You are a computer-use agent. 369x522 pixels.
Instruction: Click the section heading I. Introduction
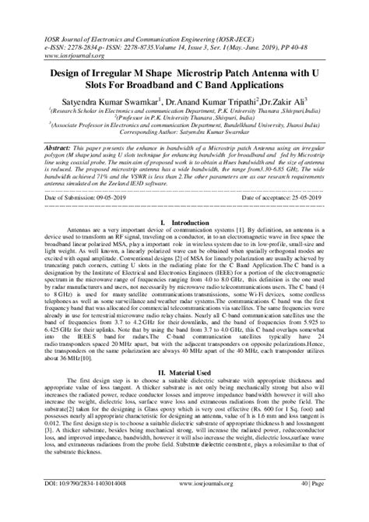click(x=184, y=223)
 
